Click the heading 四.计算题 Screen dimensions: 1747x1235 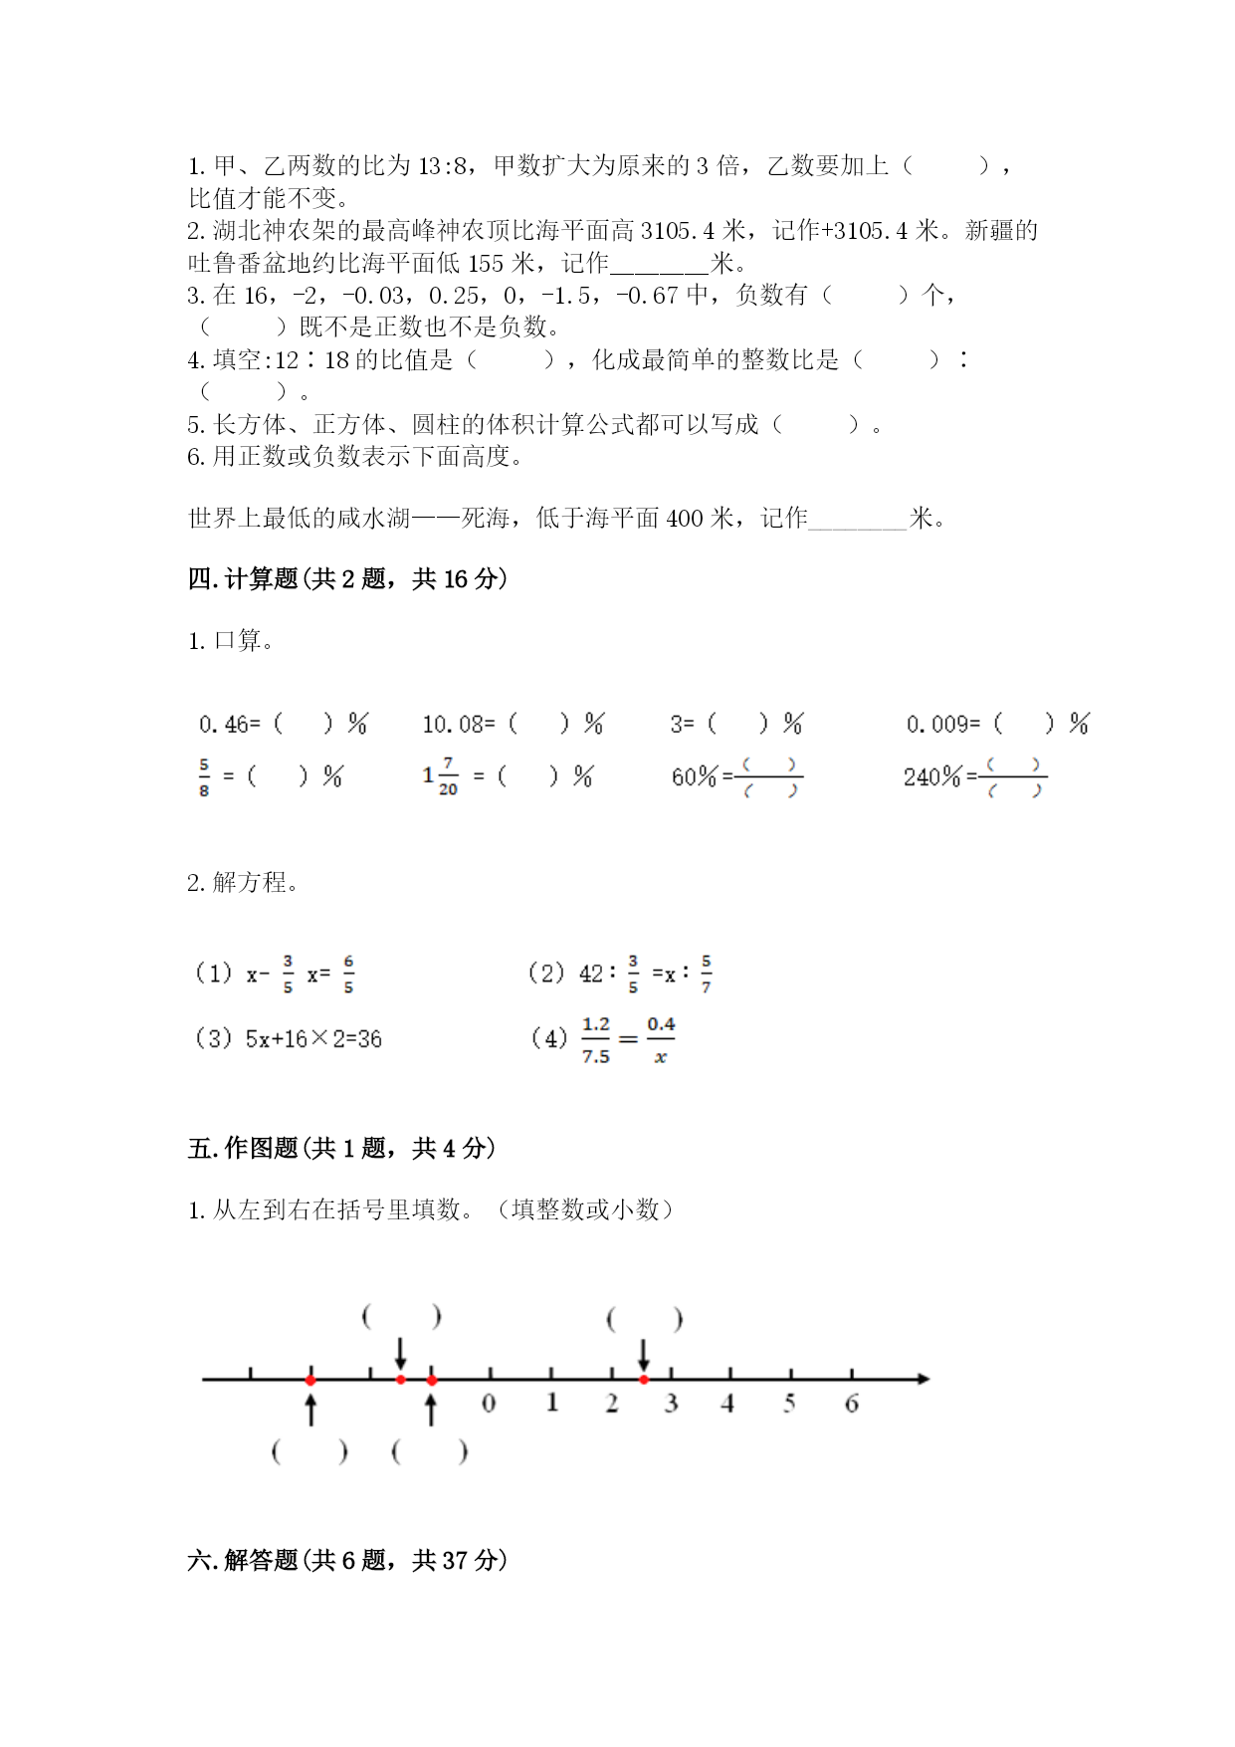pyautogui.click(x=347, y=578)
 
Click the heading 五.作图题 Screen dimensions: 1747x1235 pyautogui.click(x=341, y=1148)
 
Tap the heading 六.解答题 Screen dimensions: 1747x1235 pyautogui.click(x=347, y=1560)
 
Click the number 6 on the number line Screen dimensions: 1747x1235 pyautogui.click(x=851, y=1404)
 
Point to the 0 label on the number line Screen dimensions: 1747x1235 pyautogui.click(x=489, y=1404)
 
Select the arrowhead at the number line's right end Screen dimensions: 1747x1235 pyautogui.click(x=924, y=1379)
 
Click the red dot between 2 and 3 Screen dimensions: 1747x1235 pyautogui.click(x=644, y=1380)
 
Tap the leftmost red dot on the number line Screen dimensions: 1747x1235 pyautogui.click(x=310, y=1380)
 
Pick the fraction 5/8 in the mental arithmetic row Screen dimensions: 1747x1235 pyautogui.click(x=204, y=777)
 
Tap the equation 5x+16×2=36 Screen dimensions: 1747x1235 pyautogui.click(x=313, y=1039)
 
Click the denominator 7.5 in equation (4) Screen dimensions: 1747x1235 pyautogui.click(x=595, y=1056)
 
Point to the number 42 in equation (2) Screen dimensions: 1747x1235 pyautogui.click(x=591, y=974)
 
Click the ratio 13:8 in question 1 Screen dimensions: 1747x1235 pyautogui.click(x=443, y=166)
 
